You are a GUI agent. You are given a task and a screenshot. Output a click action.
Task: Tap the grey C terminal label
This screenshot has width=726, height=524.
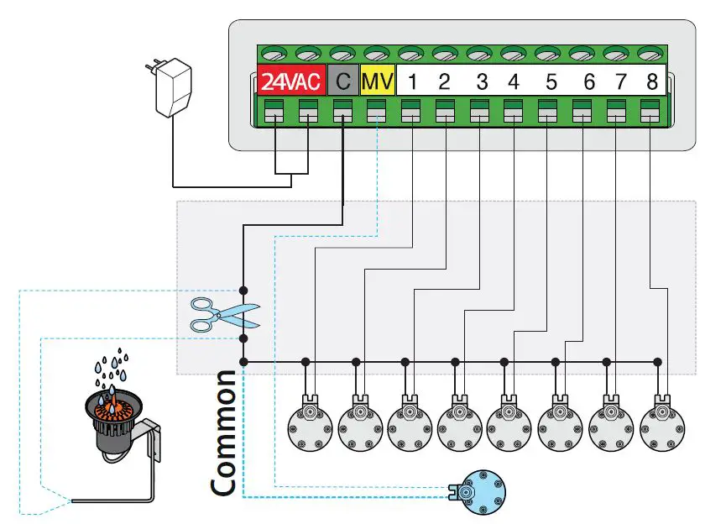click(342, 82)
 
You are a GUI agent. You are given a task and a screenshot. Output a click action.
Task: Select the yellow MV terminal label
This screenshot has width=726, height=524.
click(377, 82)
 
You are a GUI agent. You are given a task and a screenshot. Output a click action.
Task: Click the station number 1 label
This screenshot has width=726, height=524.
click(412, 82)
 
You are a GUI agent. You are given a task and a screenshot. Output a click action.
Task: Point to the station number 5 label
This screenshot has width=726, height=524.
click(551, 82)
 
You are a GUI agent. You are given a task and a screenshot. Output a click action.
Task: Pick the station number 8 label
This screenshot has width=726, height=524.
click(652, 82)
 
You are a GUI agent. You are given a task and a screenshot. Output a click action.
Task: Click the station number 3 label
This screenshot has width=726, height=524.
click(482, 82)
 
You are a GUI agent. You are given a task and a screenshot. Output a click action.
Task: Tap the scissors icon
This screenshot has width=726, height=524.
click(223, 315)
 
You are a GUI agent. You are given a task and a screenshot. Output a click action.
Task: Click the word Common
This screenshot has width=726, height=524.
click(224, 432)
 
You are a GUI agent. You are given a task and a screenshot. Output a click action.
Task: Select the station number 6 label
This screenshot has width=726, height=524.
click(589, 82)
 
